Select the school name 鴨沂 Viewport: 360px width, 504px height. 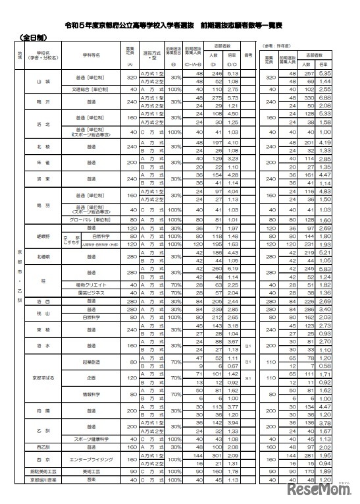point(43,103)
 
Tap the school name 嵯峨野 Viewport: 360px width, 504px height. point(43,235)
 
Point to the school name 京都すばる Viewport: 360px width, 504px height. point(43,378)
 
